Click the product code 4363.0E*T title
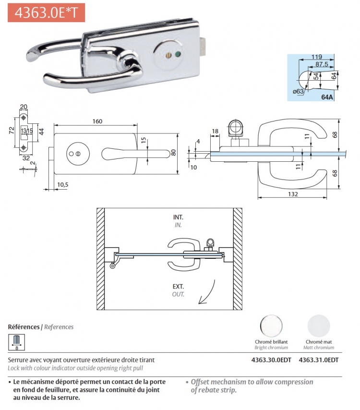(46, 13)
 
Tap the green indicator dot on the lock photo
(178, 55)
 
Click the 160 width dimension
(97, 121)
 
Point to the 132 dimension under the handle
(293, 194)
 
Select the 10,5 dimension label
(63, 185)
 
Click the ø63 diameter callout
(298, 91)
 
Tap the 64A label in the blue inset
(327, 97)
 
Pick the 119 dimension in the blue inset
(317, 57)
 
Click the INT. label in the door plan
(178, 217)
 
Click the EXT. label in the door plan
(178, 287)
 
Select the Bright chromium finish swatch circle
(271, 326)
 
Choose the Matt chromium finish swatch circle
(319, 326)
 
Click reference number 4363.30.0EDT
(271, 360)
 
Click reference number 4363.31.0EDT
(319, 360)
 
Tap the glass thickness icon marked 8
(17, 342)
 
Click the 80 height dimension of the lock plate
(173, 153)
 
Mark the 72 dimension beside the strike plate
(11, 131)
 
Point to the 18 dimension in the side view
(215, 131)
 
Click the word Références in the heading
(24, 327)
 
